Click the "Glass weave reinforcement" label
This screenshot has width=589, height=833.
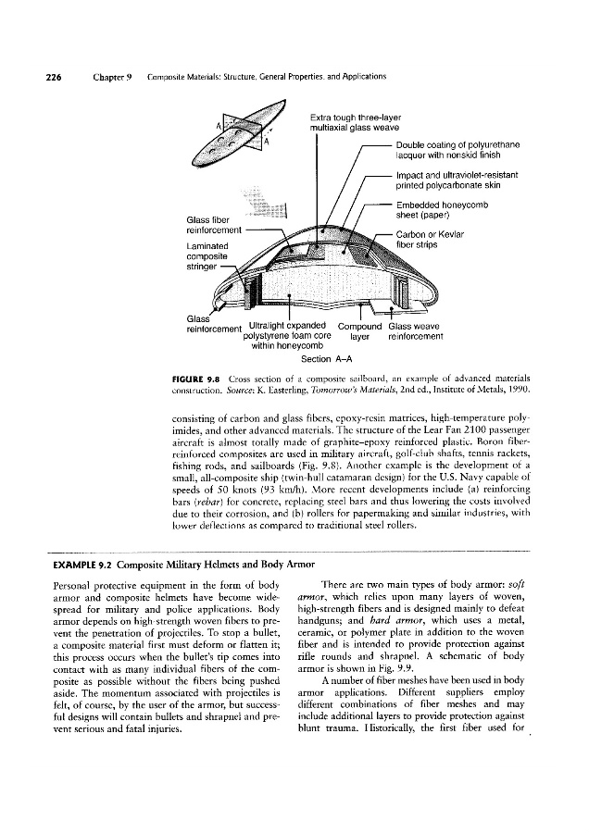click(x=415, y=330)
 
